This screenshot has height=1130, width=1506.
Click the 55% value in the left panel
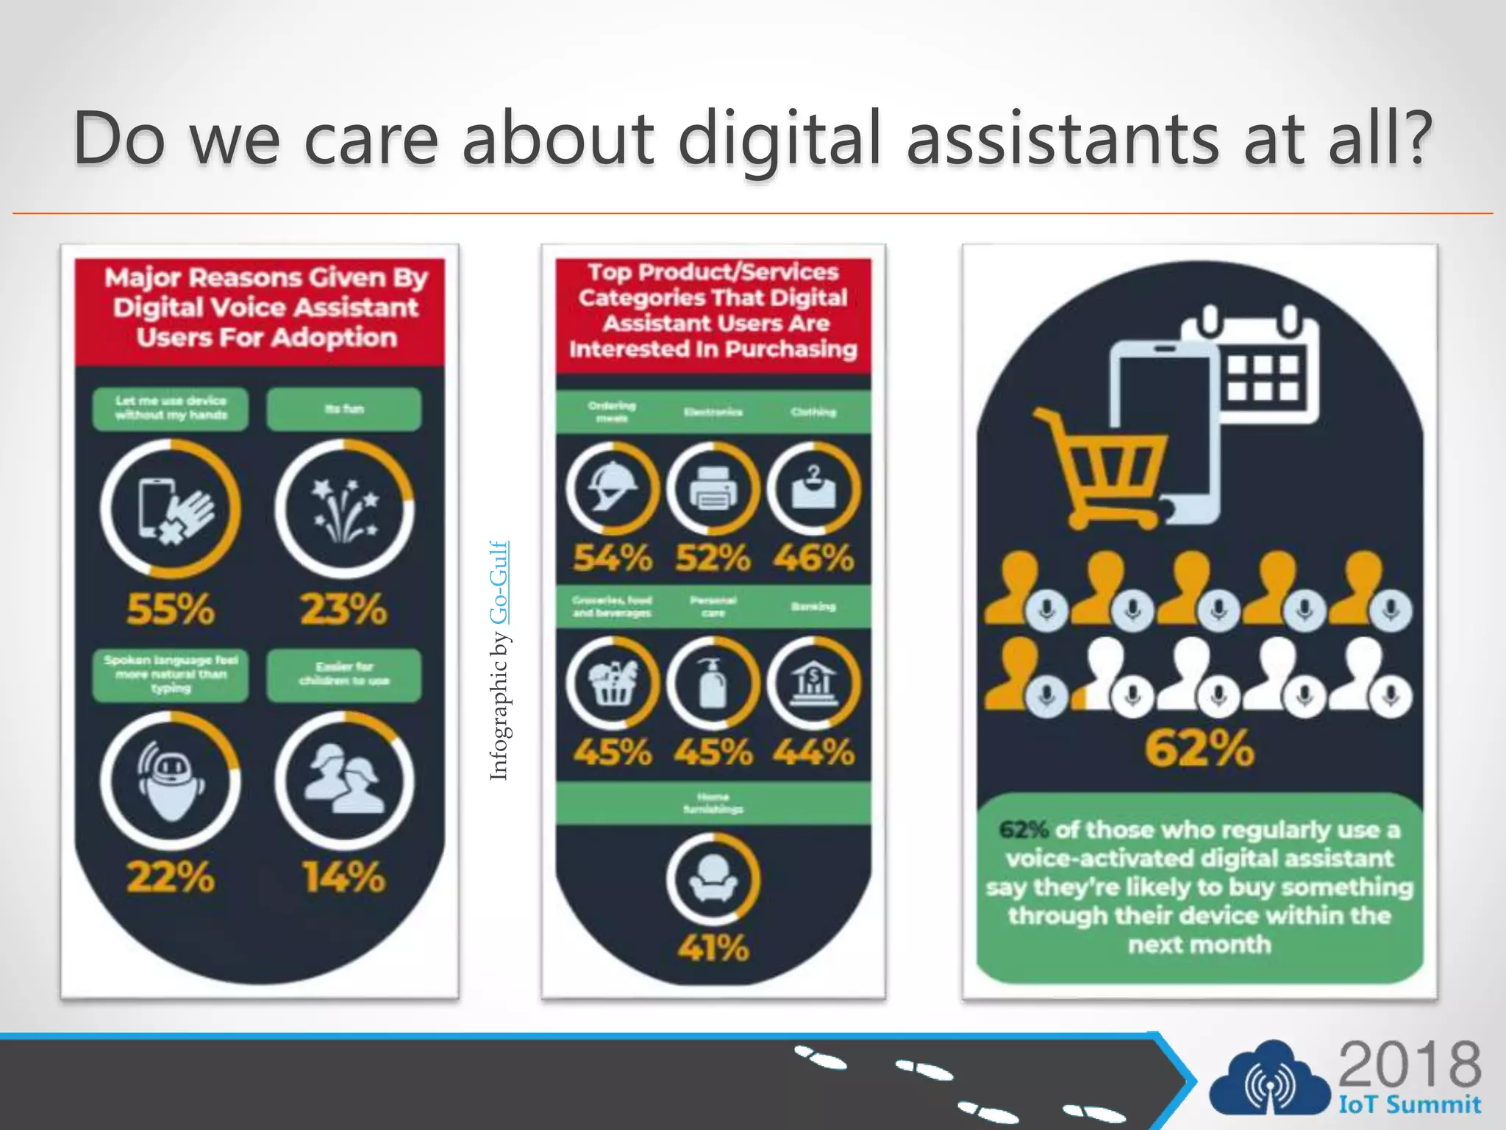pos(171,609)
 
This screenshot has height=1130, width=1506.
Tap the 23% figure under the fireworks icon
pos(343,609)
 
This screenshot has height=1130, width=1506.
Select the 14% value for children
pos(343,877)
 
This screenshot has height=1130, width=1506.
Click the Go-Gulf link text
pos(499,583)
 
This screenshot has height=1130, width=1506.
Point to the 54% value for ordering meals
pos(613,558)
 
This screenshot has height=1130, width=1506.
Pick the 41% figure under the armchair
pos(713,948)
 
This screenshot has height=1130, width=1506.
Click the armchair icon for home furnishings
pos(713,878)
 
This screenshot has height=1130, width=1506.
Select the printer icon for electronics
pos(713,489)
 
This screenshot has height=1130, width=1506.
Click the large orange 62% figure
pos(1199,748)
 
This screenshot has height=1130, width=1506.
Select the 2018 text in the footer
pos(1410,1065)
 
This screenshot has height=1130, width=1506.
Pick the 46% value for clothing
pos(813,558)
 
